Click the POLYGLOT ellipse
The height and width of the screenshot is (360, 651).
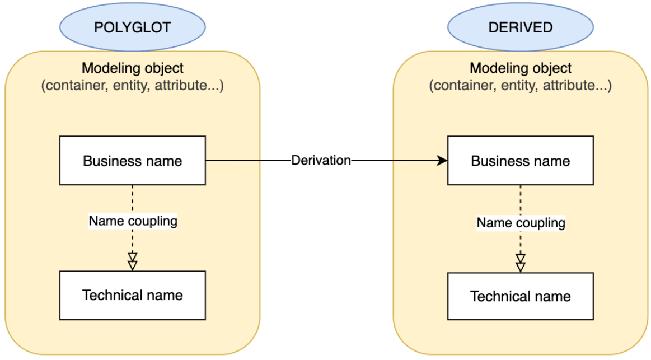[132, 27]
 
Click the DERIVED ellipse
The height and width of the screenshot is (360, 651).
[520, 27]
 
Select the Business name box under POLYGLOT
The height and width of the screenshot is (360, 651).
[132, 161]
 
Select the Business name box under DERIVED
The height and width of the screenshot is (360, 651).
[520, 161]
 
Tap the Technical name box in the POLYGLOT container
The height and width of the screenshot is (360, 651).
[132, 295]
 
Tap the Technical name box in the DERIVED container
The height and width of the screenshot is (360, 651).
[520, 296]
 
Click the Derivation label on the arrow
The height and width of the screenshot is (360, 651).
[321, 161]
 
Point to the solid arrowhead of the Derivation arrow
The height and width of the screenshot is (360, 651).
[443, 161]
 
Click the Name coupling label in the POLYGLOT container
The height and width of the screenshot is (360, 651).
[133, 221]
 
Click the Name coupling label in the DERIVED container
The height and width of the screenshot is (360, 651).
[521, 223]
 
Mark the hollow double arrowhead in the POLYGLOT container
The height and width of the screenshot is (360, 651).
[132, 261]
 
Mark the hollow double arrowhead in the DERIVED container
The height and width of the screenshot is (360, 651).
[521, 263]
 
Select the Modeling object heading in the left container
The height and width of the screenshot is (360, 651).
[132, 68]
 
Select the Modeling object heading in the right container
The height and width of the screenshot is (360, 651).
[520, 68]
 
